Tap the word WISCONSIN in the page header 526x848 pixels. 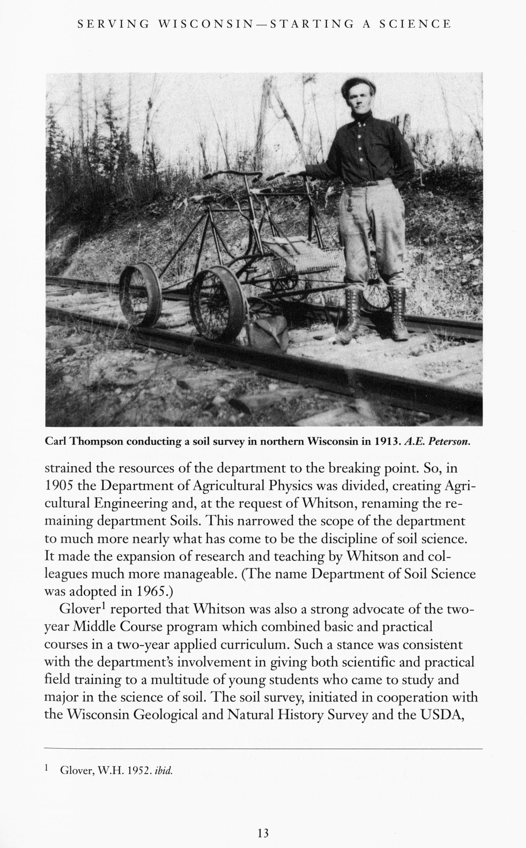(206, 24)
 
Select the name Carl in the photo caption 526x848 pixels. (56, 442)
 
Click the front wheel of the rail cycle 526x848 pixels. (217, 303)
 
